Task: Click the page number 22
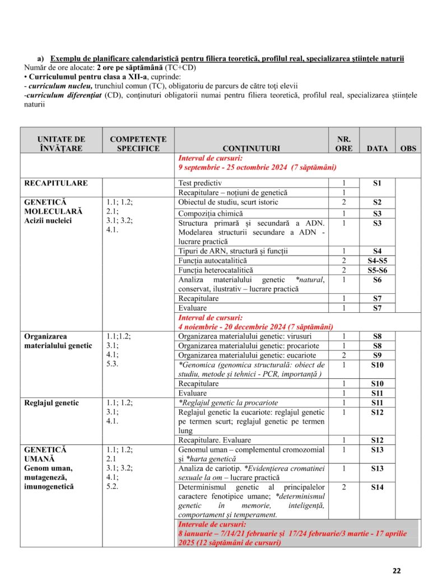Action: pyautogui.click(x=397, y=571)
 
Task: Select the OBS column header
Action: pyautogui.click(x=408, y=149)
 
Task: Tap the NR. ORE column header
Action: pyautogui.click(x=344, y=143)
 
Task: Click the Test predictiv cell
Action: pyautogui.click(x=200, y=183)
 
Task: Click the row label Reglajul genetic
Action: pyautogui.click(x=52, y=402)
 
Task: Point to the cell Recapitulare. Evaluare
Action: pyautogui.click(x=214, y=440)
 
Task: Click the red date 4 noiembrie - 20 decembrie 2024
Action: pyautogui.click(x=255, y=327)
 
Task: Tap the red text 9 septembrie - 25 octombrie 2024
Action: pyautogui.click(x=257, y=167)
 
